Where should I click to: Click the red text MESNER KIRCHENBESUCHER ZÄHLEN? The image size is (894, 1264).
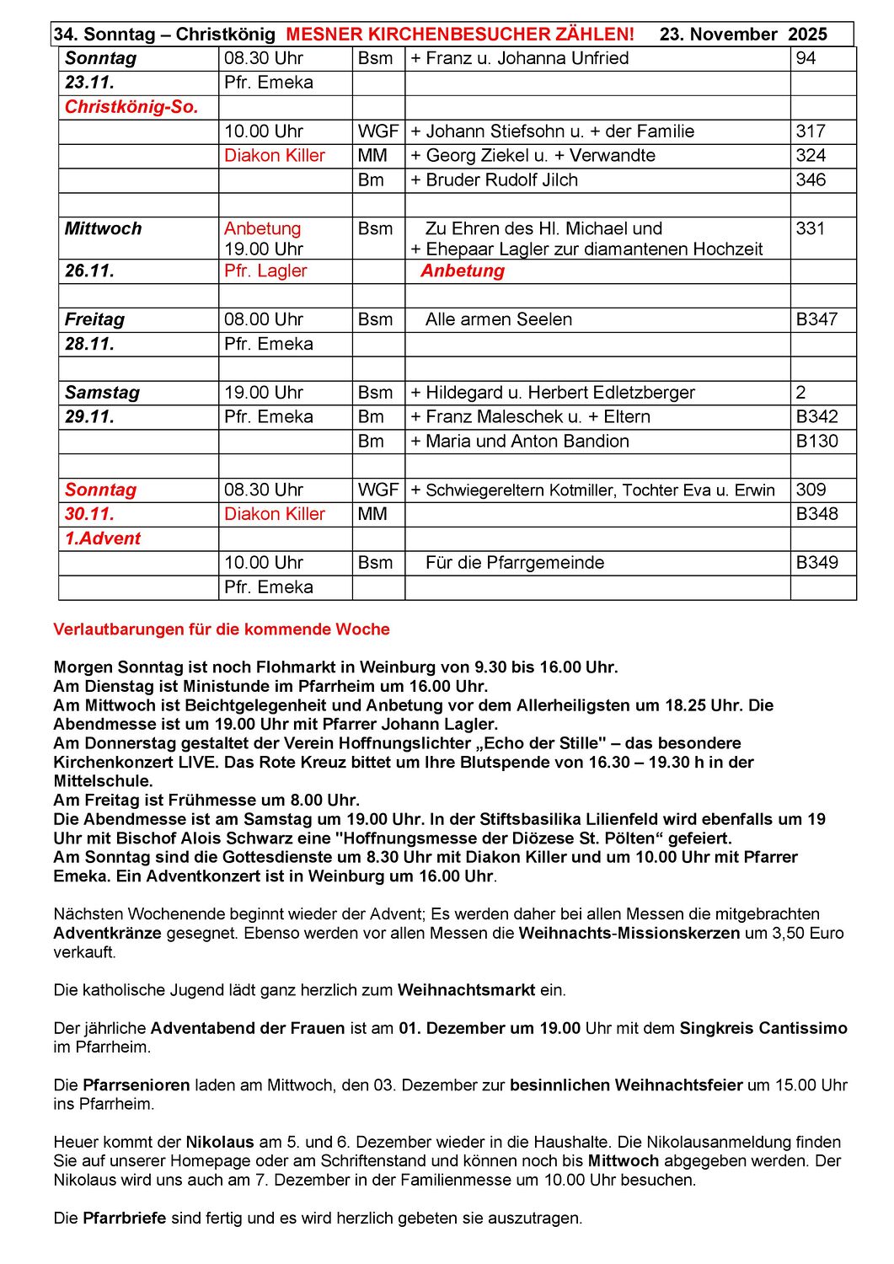tap(460, 35)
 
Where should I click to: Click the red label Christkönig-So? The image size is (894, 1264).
tap(131, 107)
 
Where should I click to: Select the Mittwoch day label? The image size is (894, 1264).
tap(103, 229)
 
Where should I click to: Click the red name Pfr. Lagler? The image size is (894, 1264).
tap(265, 271)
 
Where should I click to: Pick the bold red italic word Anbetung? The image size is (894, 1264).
tap(463, 271)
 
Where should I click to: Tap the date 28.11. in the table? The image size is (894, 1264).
tap(89, 344)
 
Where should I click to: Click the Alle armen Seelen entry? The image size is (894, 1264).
tap(499, 320)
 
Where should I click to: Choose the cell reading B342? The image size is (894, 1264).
tap(816, 417)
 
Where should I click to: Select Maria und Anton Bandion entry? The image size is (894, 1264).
tap(527, 442)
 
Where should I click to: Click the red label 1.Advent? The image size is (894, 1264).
tap(103, 538)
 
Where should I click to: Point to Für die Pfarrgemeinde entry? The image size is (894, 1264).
tap(515, 563)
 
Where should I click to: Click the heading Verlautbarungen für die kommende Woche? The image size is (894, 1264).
tap(222, 629)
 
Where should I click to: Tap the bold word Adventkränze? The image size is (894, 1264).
tap(107, 934)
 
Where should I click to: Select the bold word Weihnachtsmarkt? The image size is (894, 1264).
tap(466, 990)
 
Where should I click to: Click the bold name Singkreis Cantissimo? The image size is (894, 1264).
tap(763, 1028)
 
